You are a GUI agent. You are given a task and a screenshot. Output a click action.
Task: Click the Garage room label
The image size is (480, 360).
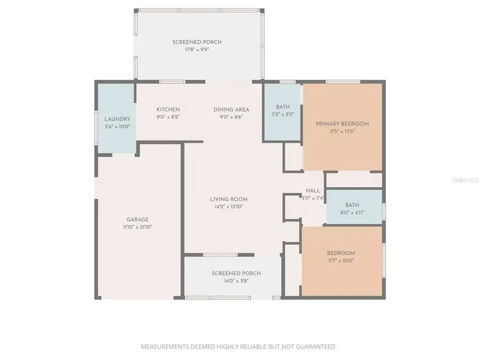[x=138, y=219]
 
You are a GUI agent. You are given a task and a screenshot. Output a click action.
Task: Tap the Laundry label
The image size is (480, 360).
[x=117, y=119]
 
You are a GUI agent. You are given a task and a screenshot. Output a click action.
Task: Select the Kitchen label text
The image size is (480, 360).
[x=168, y=109]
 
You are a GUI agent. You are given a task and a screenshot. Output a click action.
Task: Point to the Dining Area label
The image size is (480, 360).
[x=231, y=109]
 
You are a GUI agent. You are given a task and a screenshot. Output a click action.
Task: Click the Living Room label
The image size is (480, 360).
[x=229, y=199]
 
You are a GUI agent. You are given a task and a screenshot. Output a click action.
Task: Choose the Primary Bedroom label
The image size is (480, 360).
[x=342, y=124]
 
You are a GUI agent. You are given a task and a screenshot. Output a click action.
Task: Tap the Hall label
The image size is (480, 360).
[x=313, y=191]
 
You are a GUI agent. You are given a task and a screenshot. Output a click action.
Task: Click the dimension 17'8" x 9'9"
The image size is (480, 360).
[x=197, y=50]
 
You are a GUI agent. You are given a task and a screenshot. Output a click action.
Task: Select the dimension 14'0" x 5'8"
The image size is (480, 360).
[x=229, y=281]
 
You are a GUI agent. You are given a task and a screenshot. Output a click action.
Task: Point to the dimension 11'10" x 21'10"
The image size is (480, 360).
[x=138, y=227]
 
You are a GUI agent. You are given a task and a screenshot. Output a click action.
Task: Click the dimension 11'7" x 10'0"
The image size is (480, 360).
[x=341, y=261]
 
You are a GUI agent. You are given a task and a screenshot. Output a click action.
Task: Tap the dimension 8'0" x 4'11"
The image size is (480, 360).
[x=352, y=212]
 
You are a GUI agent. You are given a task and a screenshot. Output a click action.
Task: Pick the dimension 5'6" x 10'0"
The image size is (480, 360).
[x=117, y=127]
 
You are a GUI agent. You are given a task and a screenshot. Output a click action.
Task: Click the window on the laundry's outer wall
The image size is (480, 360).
[x=96, y=127]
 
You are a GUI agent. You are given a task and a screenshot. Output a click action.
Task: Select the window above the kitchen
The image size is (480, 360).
[x=172, y=82]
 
